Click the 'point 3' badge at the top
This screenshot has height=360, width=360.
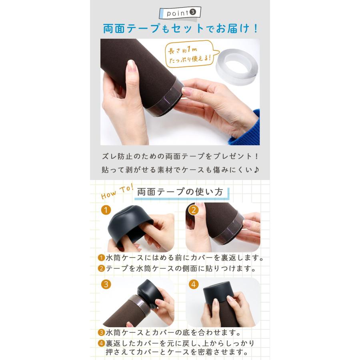(x=180, y=13)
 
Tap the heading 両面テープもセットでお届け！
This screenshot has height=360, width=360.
(x=180, y=29)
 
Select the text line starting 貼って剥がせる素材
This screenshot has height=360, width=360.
(x=180, y=170)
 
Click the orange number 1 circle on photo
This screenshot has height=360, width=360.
(x=106, y=210)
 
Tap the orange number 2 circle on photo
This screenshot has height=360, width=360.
(x=194, y=210)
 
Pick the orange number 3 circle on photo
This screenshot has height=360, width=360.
(x=106, y=284)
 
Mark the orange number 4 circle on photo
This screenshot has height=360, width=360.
(x=194, y=284)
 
